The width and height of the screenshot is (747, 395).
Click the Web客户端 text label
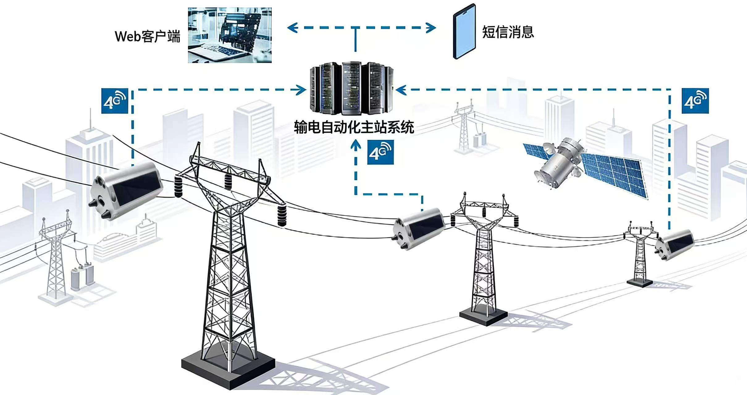pyautogui.click(x=147, y=36)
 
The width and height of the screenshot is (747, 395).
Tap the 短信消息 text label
pyautogui.click(x=508, y=32)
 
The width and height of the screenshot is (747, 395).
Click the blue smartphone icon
pyautogui.click(x=464, y=31)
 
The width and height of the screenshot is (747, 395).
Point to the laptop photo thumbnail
pyautogui.click(x=230, y=35)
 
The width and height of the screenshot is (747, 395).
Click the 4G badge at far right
pyautogui.click(x=695, y=101)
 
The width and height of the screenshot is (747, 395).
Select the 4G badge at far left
pyautogui.click(x=115, y=101)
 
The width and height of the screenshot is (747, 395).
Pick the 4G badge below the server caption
pyautogui.click(x=380, y=152)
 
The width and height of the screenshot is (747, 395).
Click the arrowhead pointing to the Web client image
pyautogui.click(x=292, y=28)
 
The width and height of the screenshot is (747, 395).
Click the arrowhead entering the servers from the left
pyautogui.click(x=301, y=90)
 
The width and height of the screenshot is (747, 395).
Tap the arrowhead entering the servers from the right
pyautogui.click(x=401, y=90)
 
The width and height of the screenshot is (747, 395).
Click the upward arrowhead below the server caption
pyautogui.click(x=356, y=145)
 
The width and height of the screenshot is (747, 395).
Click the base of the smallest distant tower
pyautogui.click(x=640, y=282)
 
